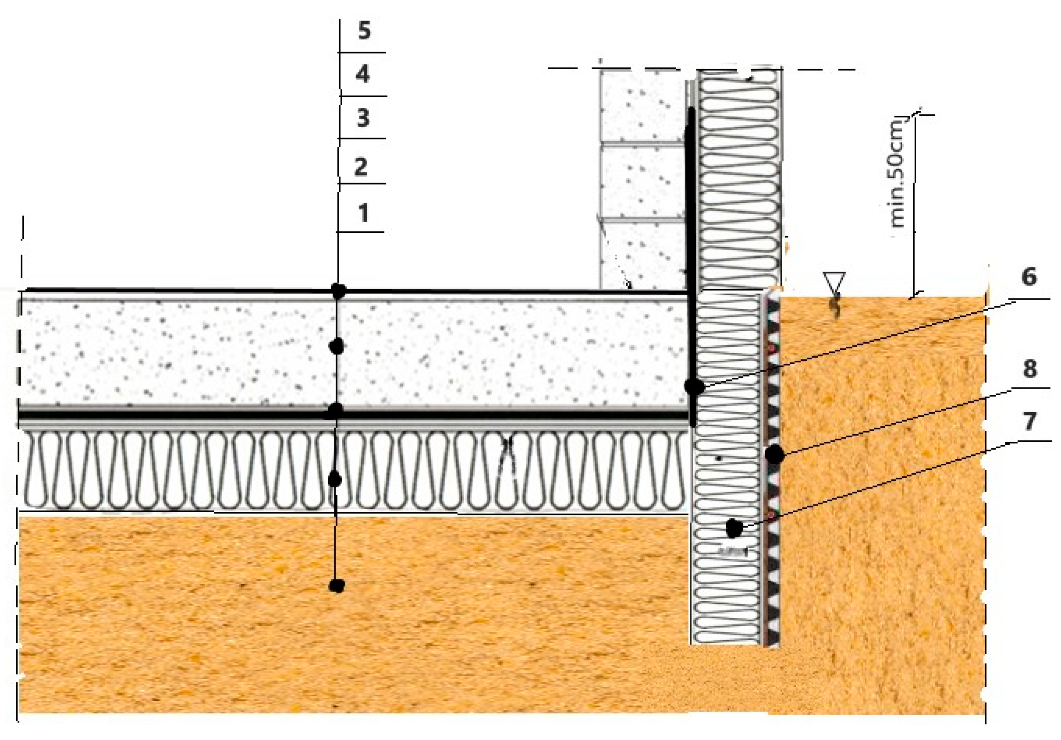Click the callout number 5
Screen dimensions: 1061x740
pyautogui.click(x=364, y=31)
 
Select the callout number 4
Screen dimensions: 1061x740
pyautogui.click(x=363, y=74)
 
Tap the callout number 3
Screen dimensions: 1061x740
pyautogui.click(x=363, y=118)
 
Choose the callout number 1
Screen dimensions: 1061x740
pyautogui.click(x=364, y=213)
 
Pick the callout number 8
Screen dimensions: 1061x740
pyautogui.click(x=1030, y=369)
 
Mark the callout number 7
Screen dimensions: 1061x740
pyautogui.click(x=1029, y=421)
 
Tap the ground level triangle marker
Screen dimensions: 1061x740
pyautogui.click(x=834, y=282)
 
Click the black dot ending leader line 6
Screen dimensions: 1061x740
pyautogui.click(x=694, y=386)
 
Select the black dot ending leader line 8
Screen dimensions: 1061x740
pyautogui.click(x=775, y=455)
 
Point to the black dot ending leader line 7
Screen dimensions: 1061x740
pyautogui.click(x=734, y=528)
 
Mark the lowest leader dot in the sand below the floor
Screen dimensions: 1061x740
pyautogui.click(x=337, y=586)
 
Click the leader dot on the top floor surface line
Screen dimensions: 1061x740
pyautogui.click(x=339, y=291)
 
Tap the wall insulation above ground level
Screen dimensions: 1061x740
pyautogui.click(x=739, y=180)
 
